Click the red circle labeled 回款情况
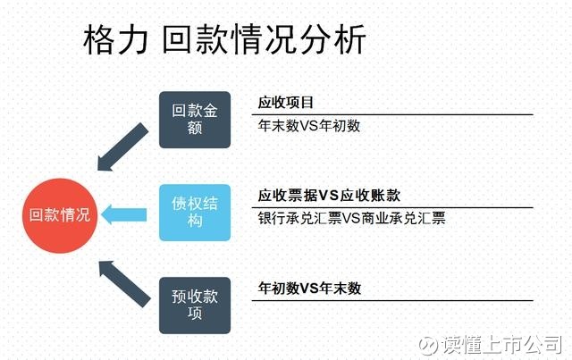[x=60, y=215]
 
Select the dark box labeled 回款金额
[x=195, y=120]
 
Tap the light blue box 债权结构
[x=195, y=213]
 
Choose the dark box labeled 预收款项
[x=195, y=306]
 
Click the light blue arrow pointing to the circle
[x=124, y=214]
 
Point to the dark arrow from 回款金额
[x=122, y=147]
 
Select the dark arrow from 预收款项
[x=124, y=284]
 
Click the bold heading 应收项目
[x=286, y=103]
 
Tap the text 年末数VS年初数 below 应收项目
[x=309, y=126]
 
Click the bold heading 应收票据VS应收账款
[x=329, y=196]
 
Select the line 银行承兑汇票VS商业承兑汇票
[x=351, y=218]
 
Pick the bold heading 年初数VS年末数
[x=309, y=289]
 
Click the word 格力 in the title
[x=116, y=39]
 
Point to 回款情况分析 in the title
[x=264, y=39]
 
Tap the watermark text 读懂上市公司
[x=502, y=344]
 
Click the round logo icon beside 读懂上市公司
[x=428, y=345]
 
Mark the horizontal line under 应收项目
[x=392, y=115]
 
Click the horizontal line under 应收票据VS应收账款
[x=392, y=208]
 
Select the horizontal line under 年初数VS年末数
[x=392, y=301]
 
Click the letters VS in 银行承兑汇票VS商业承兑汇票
[x=351, y=218]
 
